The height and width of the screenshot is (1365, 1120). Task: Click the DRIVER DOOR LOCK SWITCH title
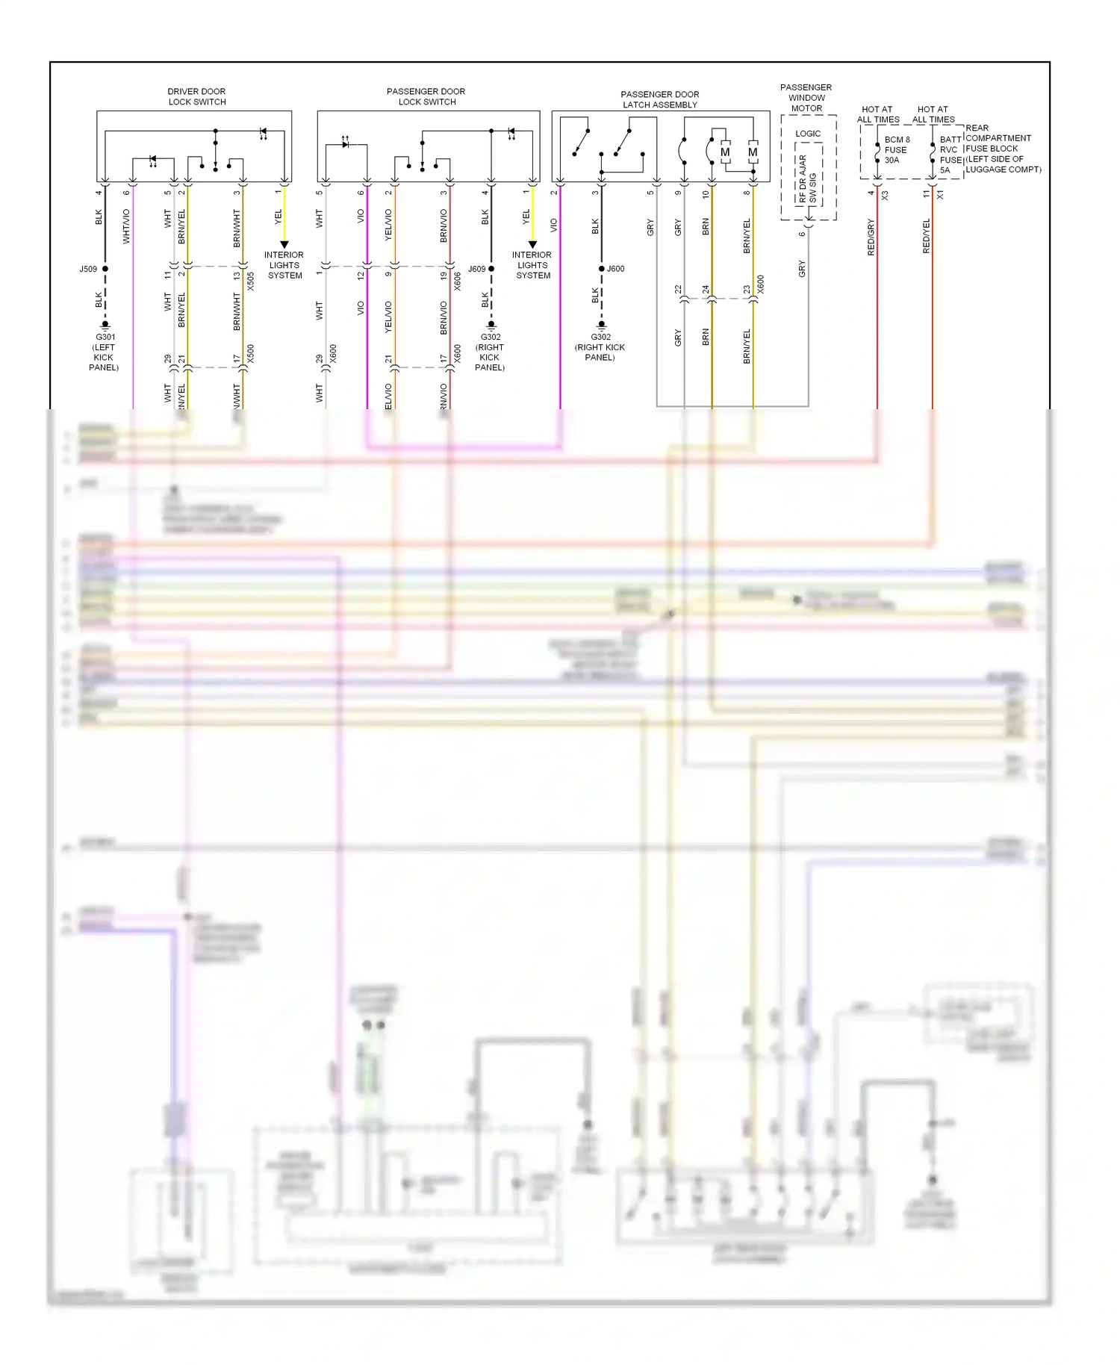coord(196,96)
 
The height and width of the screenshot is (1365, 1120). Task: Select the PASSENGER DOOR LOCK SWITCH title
coord(426,96)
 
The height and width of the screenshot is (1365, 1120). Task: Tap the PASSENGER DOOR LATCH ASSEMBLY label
coord(659,99)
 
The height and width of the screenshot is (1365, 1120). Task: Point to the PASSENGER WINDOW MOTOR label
coord(806,98)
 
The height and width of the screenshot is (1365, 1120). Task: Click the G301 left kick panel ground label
coord(105,352)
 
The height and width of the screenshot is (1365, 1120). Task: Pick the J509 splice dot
coord(105,269)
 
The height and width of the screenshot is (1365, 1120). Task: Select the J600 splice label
coord(615,269)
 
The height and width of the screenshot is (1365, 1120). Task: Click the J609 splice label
coord(476,269)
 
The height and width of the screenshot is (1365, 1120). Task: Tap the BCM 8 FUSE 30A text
coord(896,150)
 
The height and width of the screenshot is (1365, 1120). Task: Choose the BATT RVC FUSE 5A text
coord(950,155)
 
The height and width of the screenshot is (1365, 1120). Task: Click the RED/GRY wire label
coord(871,237)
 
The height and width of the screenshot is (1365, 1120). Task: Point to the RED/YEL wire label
coord(926,236)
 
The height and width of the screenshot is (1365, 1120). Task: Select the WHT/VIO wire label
coord(126,226)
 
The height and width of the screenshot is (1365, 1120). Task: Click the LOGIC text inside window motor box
coord(807,134)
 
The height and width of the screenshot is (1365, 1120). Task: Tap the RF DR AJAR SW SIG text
coord(807,179)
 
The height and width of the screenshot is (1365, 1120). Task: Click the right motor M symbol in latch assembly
coord(753,152)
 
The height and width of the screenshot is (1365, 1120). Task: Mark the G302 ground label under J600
coord(600,346)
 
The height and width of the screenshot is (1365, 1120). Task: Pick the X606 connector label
coord(457,281)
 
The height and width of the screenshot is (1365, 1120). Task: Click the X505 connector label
coord(251,281)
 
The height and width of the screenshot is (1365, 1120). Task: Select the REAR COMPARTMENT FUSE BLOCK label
coord(1002,149)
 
